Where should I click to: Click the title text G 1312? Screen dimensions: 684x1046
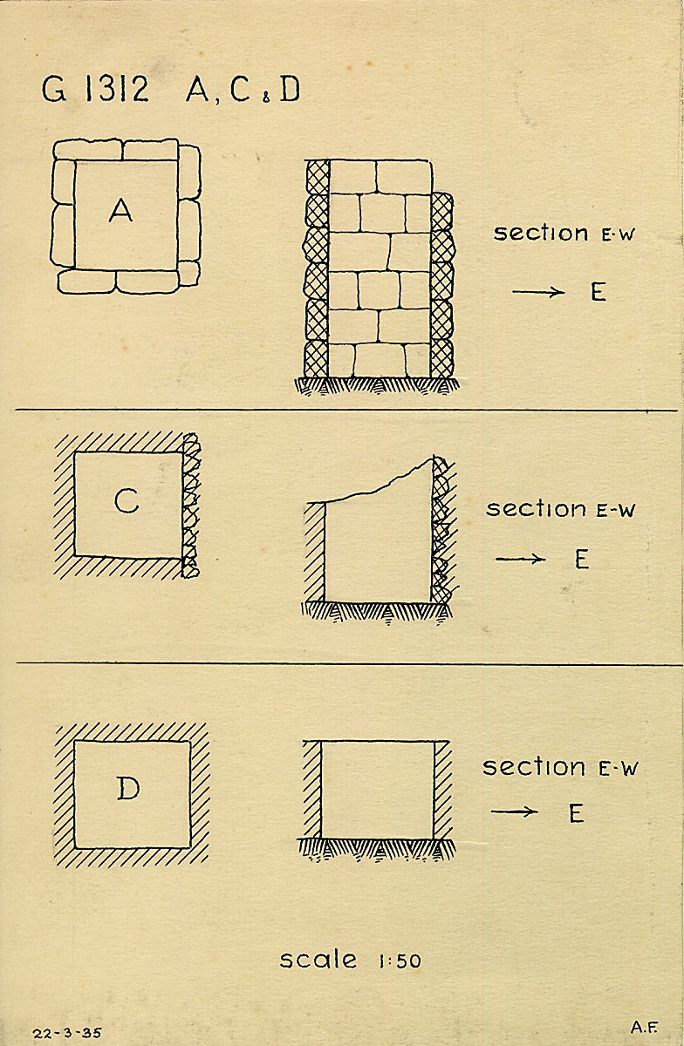95,89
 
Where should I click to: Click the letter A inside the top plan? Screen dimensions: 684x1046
120,210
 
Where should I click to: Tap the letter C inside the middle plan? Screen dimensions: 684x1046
127,500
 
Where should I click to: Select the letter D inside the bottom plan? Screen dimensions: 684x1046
128,789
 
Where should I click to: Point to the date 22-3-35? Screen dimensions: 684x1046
67,1032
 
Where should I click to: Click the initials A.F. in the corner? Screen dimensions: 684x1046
644,1027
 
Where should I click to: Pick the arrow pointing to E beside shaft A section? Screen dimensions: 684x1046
538,293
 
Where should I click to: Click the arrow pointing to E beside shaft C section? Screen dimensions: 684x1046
521,559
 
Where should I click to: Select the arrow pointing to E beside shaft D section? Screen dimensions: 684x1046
514,812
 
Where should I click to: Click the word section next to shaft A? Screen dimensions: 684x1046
541,233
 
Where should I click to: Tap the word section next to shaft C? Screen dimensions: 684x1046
536,508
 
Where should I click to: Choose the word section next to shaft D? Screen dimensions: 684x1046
534,767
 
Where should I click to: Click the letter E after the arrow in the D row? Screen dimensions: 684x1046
577,813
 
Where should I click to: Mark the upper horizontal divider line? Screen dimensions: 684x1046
346,411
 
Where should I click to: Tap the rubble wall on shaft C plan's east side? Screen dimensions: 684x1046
191,506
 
